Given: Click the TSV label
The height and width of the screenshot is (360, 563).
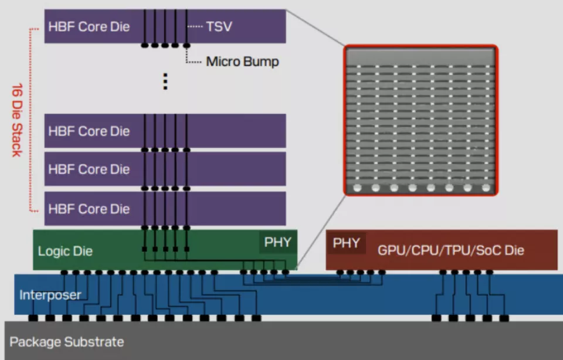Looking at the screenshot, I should pos(219,26).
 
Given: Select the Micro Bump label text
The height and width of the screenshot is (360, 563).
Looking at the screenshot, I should pos(242,62).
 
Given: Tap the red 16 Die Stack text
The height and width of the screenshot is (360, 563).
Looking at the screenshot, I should pos(16,120).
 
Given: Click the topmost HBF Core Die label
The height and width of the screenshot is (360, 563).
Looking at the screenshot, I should pos(89,26).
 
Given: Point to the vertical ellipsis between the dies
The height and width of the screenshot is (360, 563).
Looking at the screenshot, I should pos(165,81).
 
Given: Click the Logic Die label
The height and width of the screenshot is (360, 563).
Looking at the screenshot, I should pos(65,251).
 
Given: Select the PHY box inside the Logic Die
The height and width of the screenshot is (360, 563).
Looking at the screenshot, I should pos(277,242).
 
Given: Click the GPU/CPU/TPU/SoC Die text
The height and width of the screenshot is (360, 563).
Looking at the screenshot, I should pos(450,250).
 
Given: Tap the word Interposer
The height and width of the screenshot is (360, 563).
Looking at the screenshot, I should pos(50,294).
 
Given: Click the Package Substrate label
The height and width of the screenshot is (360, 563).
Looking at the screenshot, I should pos(66,342).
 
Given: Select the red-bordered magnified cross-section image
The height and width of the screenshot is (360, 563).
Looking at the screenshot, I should pos(420,120).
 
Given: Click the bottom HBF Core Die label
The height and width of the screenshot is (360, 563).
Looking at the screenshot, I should pos(89,209).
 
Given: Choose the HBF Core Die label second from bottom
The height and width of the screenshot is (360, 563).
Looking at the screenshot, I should pos(89,169).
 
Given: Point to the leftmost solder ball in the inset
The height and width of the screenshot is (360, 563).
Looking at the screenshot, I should pos(358,188).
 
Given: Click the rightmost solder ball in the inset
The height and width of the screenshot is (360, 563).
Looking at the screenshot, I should pos(486,188).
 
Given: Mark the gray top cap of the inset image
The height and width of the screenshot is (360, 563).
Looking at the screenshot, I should pos(420,56).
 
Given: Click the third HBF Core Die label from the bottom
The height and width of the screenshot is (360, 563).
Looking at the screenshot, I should pos(89,131).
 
